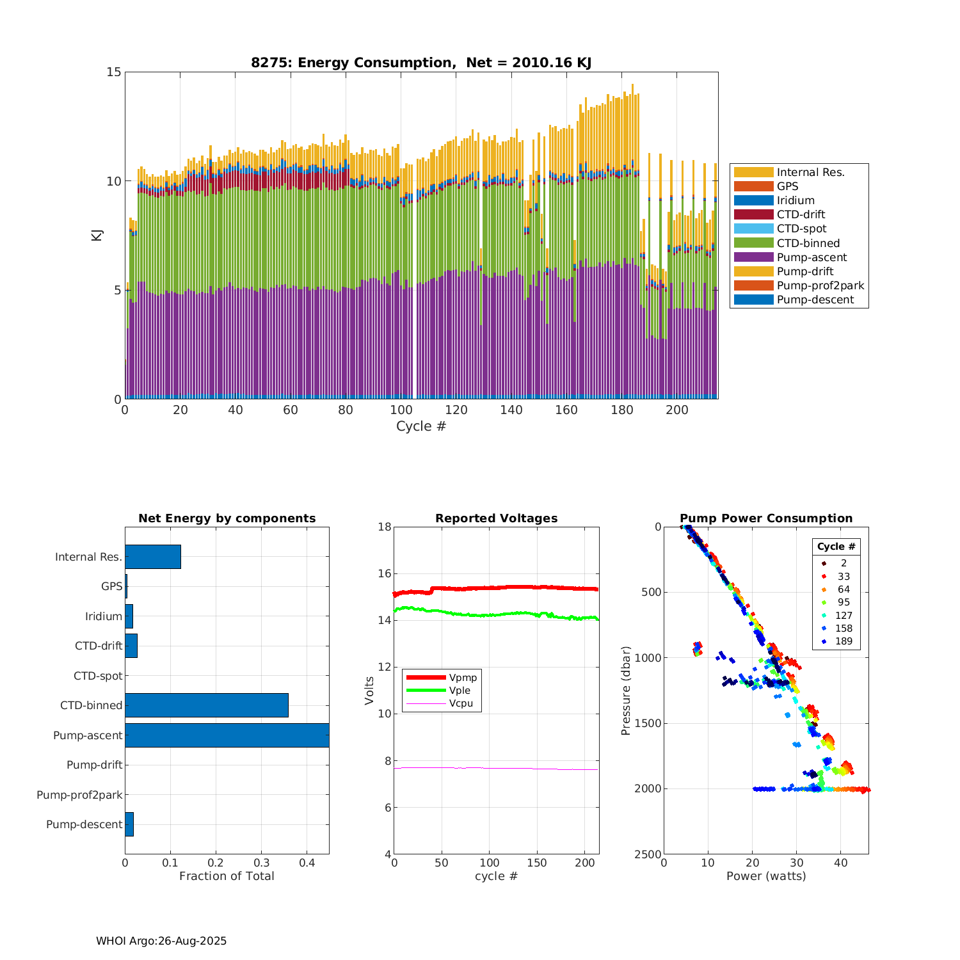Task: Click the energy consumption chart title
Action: point(420,63)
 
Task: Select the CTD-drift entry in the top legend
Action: point(801,214)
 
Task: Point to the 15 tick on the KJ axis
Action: point(114,72)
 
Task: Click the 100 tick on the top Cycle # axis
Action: point(401,410)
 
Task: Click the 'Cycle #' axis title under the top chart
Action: point(420,426)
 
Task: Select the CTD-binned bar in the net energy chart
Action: point(206,705)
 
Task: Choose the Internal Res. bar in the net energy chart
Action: point(152,557)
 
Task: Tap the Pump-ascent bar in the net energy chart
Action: point(227,735)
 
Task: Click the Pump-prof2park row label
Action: point(79,795)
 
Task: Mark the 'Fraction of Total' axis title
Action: point(227,876)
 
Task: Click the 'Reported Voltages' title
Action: point(496,518)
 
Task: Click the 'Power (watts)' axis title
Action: point(766,876)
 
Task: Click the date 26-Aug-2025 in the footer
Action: point(192,941)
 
